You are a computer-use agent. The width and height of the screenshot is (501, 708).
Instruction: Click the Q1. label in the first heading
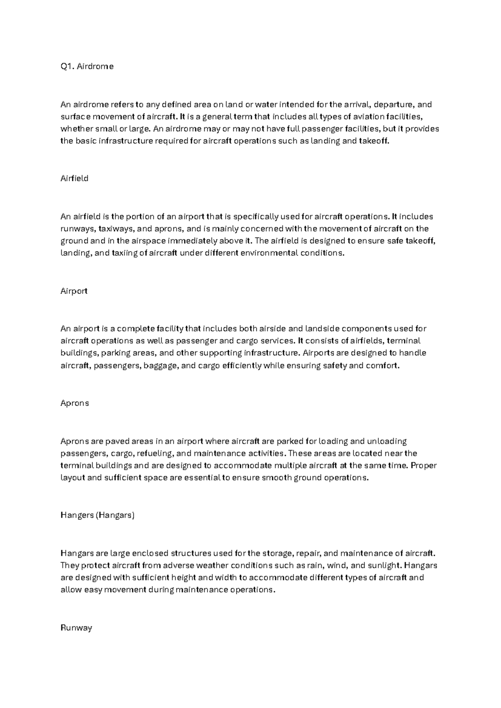(67, 66)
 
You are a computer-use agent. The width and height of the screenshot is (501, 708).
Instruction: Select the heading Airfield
(74, 179)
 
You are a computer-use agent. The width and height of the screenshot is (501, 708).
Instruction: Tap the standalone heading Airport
(74, 291)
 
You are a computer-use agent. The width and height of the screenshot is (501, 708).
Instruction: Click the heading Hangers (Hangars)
(97, 516)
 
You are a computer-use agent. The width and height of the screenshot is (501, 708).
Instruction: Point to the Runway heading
(76, 628)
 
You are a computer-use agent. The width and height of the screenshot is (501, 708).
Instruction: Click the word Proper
(423, 465)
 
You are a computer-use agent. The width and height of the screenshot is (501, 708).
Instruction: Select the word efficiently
(243, 366)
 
